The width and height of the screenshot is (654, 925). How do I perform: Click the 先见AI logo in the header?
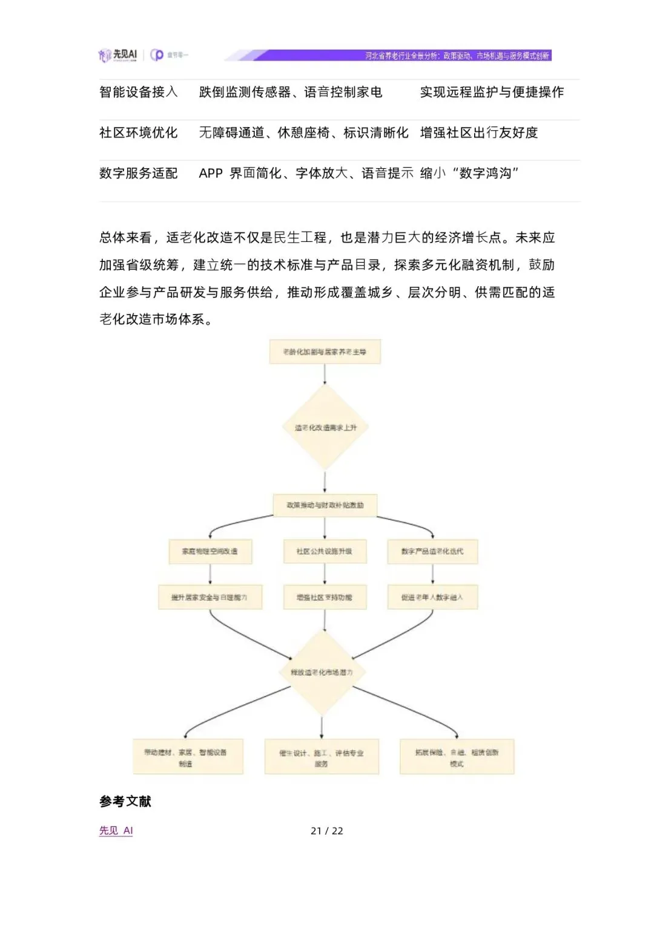pyautogui.click(x=118, y=55)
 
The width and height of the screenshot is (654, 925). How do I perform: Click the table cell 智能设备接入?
pyautogui.click(x=138, y=92)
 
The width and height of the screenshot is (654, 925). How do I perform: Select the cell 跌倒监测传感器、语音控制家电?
pyautogui.click(x=291, y=92)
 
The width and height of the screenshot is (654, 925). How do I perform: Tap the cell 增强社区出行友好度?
pyautogui.click(x=479, y=132)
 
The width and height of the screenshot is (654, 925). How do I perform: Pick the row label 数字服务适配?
pyautogui.click(x=138, y=173)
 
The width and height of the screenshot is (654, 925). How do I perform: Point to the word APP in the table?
pyautogui.click(x=211, y=174)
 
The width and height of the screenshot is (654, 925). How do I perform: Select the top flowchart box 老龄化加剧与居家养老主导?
pyautogui.click(x=325, y=351)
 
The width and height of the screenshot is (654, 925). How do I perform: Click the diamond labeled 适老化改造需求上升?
pyautogui.click(x=325, y=428)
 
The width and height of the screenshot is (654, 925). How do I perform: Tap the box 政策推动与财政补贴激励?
pyautogui.click(x=325, y=505)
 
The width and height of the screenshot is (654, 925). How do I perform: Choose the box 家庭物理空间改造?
pyautogui.click(x=210, y=552)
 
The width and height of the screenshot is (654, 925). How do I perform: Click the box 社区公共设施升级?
pyautogui.click(x=325, y=552)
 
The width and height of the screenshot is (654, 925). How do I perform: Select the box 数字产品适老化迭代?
pyautogui.click(x=432, y=552)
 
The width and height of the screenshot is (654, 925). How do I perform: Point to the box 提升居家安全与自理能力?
pyautogui.click(x=210, y=597)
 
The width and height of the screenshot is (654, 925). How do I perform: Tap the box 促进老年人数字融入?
pyautogui.click(x=432, y=597)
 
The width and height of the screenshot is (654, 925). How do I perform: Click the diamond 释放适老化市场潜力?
pyautogui.click(x=322, y=672)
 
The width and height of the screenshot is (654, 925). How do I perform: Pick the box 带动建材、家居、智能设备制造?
pyautogui.click(x=188, y=757)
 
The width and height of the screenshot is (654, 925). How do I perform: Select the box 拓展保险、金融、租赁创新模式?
pyautogui.click(x=457, y=757)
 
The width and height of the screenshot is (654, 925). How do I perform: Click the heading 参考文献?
pyautogui.click(x=125, y=802)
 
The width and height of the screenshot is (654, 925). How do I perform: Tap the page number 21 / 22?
pyautogui.click(x=327, y=831)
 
